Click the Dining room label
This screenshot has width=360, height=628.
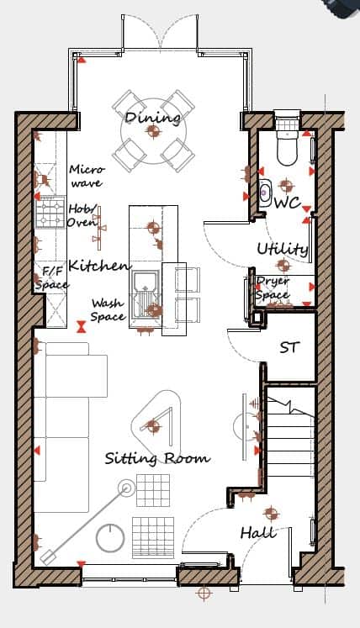152,119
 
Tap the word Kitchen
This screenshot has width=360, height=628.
99,265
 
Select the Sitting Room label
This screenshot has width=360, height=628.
157,458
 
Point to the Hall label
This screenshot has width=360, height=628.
258,533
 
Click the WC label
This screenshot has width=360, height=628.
288,203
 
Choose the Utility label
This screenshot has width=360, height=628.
283,249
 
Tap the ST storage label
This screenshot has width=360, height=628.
289,348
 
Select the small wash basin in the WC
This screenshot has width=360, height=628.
265,193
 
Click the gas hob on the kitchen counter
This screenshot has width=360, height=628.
50,212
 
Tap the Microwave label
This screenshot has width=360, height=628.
87,177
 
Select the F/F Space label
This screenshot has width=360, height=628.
51,279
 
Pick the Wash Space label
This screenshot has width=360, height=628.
108,310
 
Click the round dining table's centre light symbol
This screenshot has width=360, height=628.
153,130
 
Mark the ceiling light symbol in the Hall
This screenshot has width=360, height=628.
271,513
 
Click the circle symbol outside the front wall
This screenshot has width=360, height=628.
204,592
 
